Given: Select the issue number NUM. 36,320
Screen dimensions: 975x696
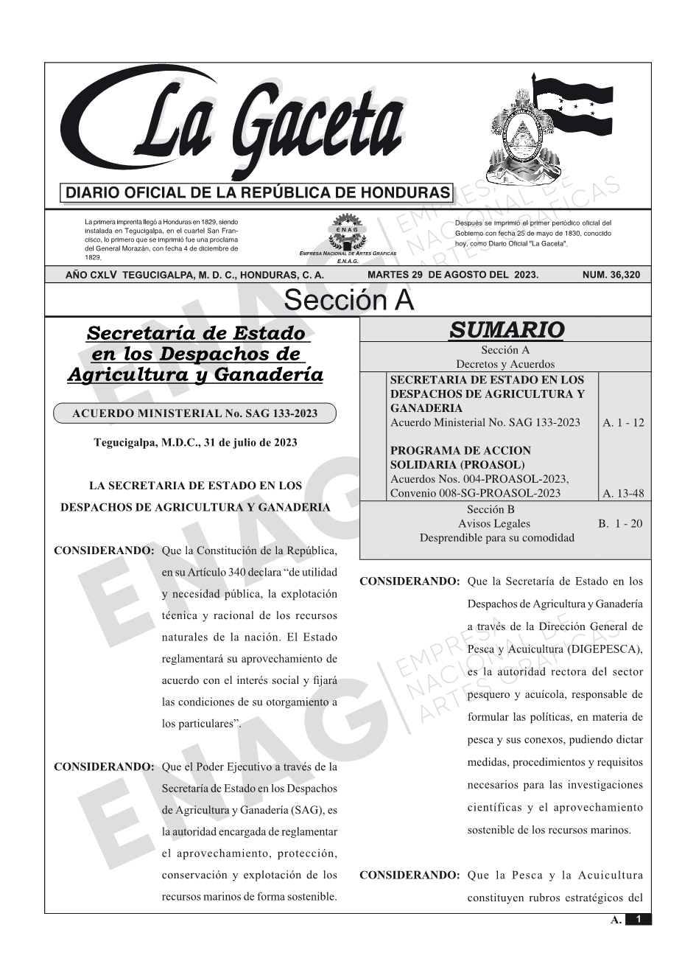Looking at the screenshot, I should click(611, 275).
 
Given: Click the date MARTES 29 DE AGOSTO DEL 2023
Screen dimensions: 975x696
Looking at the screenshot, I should click(452, 275).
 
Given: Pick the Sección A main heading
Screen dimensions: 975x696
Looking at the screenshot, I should click(348, 301).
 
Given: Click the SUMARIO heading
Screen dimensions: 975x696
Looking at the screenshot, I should click(506, 330).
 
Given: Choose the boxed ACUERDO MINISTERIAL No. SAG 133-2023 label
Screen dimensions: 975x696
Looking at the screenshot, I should click(194, 413).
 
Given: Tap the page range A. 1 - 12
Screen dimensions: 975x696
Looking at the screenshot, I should click(623, 422).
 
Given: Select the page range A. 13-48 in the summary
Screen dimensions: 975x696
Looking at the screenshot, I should click(623, 493).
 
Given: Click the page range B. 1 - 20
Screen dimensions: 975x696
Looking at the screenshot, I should click(620, 523).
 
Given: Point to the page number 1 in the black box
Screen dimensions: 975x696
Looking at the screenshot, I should click(638, 919).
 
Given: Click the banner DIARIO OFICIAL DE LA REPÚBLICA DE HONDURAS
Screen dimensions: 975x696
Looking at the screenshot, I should click(258, 193).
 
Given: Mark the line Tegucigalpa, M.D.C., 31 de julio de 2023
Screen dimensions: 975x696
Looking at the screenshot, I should click(195, 442).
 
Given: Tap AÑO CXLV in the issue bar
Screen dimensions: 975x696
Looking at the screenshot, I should click(91, 275).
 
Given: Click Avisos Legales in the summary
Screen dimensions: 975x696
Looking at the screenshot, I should click(493, 523).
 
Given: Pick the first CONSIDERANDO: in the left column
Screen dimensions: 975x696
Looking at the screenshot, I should click(103, 551).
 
